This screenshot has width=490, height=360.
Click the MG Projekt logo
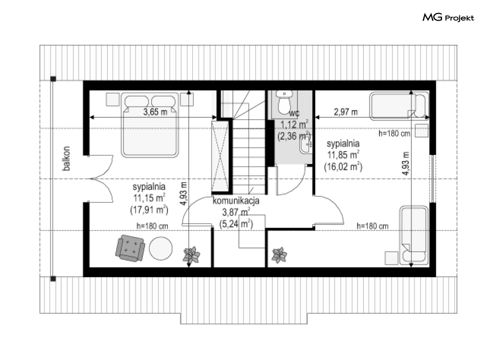point(448,17)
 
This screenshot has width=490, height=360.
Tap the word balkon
point(66,159)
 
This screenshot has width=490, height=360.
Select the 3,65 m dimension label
point(155,112)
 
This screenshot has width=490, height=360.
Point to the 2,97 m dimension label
point(346,112)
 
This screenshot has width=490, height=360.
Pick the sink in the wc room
point(305,145)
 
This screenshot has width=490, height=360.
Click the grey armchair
point(130,248)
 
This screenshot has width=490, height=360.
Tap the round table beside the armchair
point(161,248)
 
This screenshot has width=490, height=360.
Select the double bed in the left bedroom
point(150,125)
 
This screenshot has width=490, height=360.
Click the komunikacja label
point(236,200)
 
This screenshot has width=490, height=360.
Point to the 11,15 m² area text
point(149,198)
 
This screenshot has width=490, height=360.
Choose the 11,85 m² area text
point(343,155)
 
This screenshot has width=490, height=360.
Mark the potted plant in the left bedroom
point(191,255)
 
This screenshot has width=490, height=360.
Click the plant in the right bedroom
point(279,255)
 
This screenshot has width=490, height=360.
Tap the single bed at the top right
point(399,106)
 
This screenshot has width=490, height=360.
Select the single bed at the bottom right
point(414,235)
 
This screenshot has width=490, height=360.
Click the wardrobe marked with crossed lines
point(220,156)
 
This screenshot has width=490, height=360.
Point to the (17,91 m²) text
point(149,210)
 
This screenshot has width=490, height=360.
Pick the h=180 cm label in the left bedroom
point(152,226)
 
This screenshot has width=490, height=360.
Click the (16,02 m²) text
point(343,166)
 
